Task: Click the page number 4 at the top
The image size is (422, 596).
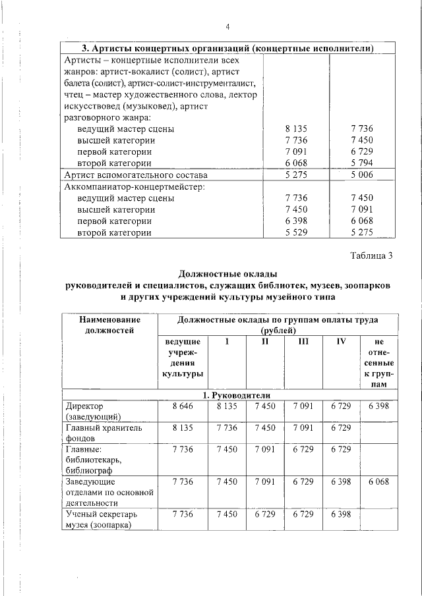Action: (x=227, y=27)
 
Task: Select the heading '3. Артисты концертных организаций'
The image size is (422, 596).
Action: (x=228, y=48)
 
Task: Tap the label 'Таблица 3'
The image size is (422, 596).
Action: (x=371, y=256)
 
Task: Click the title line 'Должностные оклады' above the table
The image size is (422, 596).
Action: (x=228, y=274)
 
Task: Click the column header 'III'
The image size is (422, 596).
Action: (x=303, y=342)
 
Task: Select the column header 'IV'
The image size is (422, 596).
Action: (x=342, y=342)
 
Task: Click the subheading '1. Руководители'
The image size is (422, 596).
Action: (x=228, y=394)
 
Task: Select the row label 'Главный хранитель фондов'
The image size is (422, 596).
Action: (x=94, y=432)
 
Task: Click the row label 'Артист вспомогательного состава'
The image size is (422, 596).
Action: (x=136, y=175)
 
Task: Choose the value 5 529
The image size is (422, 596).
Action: (x=296, y=232)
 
